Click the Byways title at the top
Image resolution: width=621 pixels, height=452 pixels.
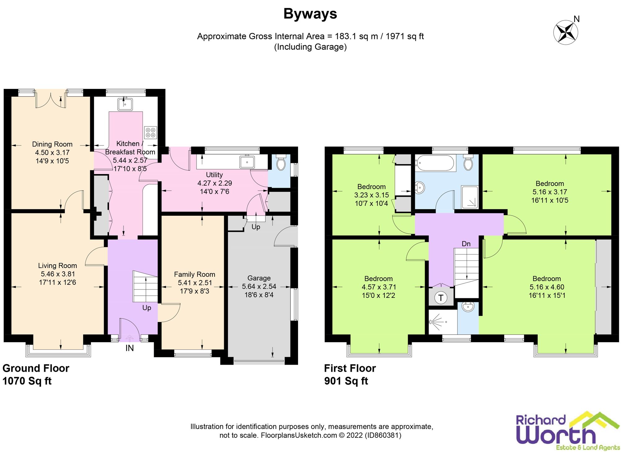[310, 14]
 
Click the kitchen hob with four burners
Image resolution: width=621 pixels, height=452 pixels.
[151, 132]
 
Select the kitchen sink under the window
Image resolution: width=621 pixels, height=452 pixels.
[125, 104]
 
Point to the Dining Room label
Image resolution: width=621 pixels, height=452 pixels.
[52, 144]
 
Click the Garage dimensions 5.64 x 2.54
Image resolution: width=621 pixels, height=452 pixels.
[259, 286]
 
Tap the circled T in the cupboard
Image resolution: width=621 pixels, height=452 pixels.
[441, 298]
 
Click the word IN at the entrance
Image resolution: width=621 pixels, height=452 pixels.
[129, 348]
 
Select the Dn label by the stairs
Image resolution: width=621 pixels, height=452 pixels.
[466, 244]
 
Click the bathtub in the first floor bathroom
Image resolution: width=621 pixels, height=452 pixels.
[435, 163]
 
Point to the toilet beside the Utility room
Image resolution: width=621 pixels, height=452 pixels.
[281, 163]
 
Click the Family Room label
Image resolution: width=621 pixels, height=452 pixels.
[194, 274]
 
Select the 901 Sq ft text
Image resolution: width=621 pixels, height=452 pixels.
[346, 381]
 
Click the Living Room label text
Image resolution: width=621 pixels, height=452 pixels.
[57, 266]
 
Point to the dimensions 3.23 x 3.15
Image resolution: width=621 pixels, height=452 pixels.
[371, 195]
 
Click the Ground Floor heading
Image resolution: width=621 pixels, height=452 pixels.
[36, 368]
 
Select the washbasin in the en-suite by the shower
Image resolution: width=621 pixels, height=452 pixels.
[468, 307]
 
